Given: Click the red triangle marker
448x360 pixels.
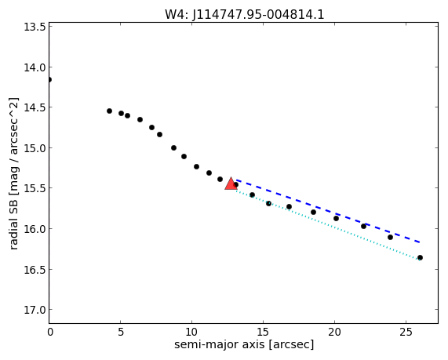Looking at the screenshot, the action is pos(231,184).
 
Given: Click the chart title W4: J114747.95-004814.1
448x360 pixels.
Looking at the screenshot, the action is pos(245,15).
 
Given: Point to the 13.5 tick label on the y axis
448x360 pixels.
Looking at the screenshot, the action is pos(35,27).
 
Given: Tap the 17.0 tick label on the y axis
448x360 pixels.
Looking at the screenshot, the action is pos(35,310).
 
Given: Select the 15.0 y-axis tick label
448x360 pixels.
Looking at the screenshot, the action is pos(35,148).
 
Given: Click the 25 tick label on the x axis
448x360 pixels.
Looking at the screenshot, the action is pos(406,332).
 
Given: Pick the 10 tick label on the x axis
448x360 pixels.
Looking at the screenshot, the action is pos(191,332).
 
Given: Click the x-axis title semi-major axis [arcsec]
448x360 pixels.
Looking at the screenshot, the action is pos(244,344).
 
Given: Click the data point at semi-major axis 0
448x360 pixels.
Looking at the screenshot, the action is pos(49,79).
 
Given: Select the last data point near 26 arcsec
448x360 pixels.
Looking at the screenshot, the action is pos(420,258).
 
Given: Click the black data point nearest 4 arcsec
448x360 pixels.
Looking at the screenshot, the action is pos(109,111).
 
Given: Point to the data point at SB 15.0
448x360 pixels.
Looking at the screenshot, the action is pos(173,147).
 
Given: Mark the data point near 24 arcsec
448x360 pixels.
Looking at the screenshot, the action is pos(390,237).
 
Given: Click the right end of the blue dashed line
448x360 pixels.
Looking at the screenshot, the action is pos(420,242).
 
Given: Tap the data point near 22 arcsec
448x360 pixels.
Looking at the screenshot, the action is pos(363,226).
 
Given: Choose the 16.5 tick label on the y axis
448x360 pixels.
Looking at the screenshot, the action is pos(35,270).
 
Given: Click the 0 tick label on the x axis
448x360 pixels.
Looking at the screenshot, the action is pos(50,332).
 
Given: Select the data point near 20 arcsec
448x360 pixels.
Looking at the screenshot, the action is pos(336,218).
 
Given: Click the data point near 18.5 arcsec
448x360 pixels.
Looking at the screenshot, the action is pos(313,212).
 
